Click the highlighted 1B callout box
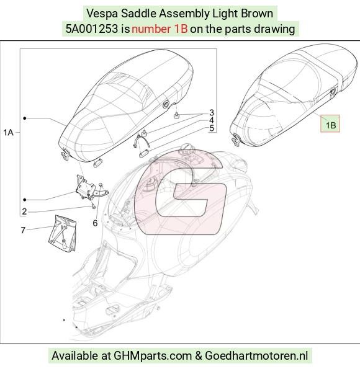330,123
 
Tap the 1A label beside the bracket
8,133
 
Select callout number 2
24,212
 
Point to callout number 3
212,113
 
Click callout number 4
212,120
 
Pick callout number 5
212,128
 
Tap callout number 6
95,223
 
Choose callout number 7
23,230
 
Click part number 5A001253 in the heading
92,29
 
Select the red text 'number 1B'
160,29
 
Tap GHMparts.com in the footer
153,355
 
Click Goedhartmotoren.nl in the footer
256,355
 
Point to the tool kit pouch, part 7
62,233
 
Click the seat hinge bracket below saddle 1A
89,187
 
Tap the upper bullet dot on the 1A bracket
25,118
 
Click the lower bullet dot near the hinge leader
25,200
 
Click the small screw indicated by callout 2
93,207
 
